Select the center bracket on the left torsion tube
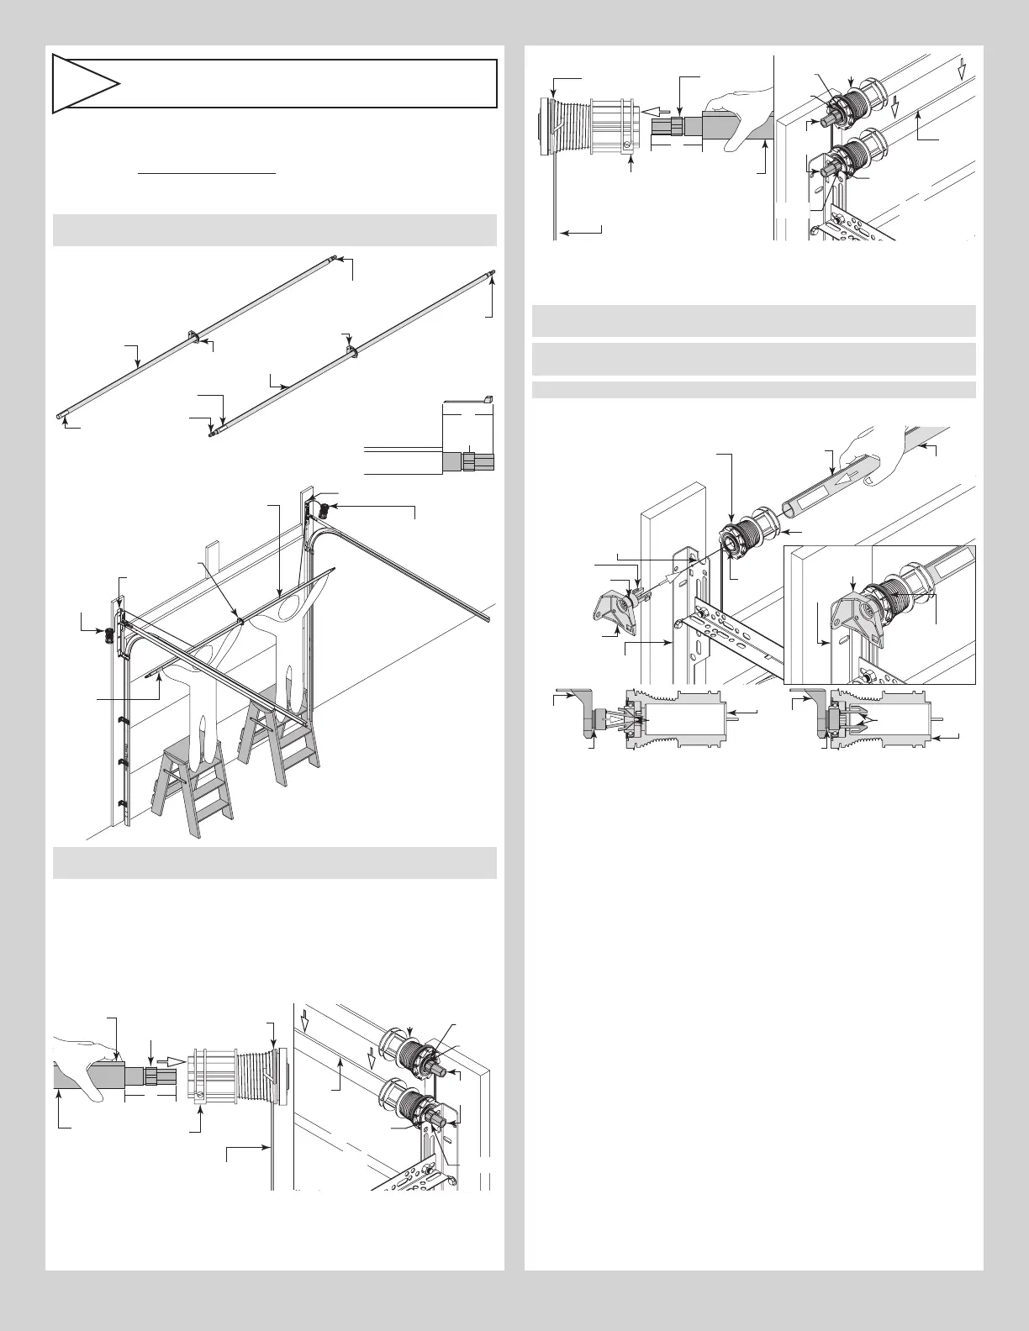click(194, 338)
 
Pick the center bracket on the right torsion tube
click(350, 351)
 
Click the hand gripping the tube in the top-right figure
click(740, 118)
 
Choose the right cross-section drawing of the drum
click(874, 718)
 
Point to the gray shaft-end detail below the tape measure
click(467, 461)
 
